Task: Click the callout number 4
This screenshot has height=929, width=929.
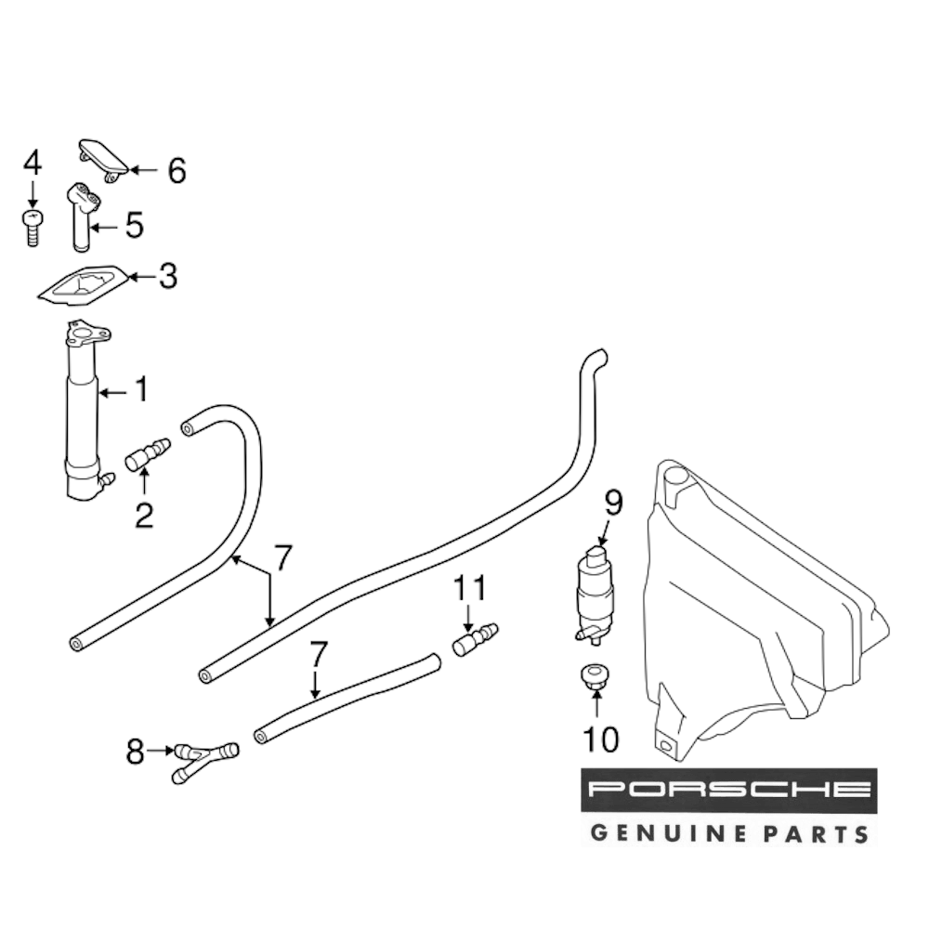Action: [x=33, y=163]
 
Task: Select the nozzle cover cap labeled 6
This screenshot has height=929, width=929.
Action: [x=103, y=161]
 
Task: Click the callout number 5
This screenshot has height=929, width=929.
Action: [x=135, y=225]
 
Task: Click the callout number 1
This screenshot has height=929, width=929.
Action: [x=141, y=388]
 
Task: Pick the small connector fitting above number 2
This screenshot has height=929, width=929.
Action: [x=148, y=454]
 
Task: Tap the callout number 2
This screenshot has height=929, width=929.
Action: [x=144, y=515]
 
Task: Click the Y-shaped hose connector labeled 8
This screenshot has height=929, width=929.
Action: [x=205, y=763]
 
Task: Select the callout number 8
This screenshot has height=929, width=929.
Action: [x=135, y=752]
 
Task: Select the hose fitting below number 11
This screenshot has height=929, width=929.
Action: [x=475, y=640]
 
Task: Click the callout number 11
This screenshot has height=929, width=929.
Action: [x=470, y=588]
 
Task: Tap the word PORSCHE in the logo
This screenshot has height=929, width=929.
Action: [x=728, y=789]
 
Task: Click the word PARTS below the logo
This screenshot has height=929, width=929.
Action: [x=816, y=834]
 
